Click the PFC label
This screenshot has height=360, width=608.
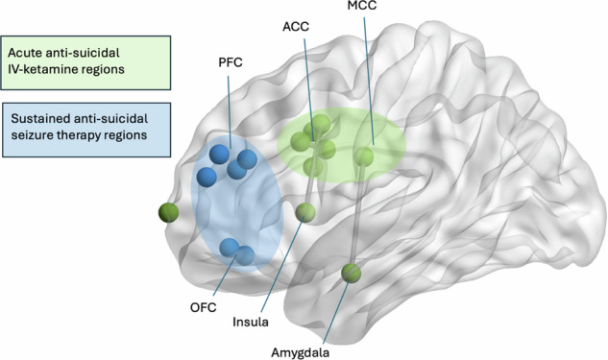[231, 62]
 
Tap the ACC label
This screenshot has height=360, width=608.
[296, 27]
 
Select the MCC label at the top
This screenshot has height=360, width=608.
[362, 5]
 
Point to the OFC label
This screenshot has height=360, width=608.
[204, 307]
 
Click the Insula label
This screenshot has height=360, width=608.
[251, 322]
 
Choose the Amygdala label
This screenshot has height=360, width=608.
[300, 352]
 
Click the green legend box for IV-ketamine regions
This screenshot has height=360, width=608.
[85, 62]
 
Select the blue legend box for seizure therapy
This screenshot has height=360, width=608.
[86, 130]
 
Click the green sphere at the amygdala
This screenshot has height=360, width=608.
[352, 274]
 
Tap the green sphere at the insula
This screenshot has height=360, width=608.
[305, 213]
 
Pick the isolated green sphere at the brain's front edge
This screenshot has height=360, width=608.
[168, 212]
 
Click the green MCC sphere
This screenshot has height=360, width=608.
[364, 157]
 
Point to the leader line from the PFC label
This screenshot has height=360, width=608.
[230, 111]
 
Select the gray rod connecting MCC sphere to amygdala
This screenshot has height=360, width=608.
[358, 215]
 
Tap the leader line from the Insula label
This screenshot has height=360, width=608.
[281, 266]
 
